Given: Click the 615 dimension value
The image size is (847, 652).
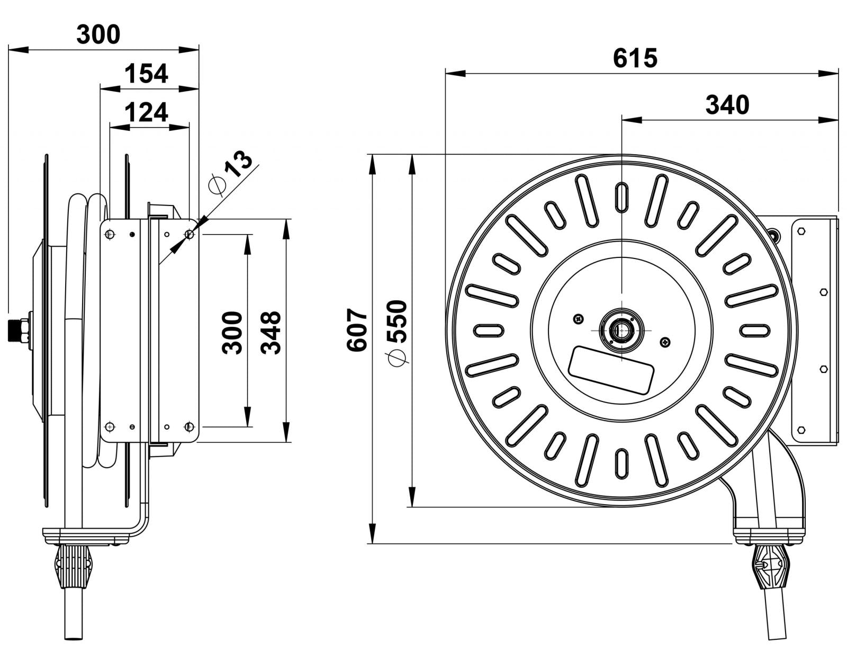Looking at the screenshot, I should pyautogui.click(x=635, y=58).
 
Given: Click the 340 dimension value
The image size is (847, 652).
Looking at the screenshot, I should pyautogui.click(x=727, y=105).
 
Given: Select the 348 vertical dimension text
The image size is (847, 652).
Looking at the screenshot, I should pyautogui.click(x=272, y=332).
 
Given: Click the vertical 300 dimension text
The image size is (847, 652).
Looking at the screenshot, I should pyautogui.click(x=232, y=332).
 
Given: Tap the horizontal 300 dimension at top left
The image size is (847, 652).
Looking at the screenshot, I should pyautogui.click(x=98, y=34).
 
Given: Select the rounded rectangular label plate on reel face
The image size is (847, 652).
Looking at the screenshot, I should pyautogui.click(x=612, y=370).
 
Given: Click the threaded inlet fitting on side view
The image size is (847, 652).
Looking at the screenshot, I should pyautogui.click(x=19, y=329).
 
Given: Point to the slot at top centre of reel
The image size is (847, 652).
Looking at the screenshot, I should pyautogui.click(x=621, y=197).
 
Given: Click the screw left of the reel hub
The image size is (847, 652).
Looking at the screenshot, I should pyautogui.click(x=578, y=319).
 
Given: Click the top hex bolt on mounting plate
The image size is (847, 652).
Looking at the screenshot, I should pyautogui.click(x=801, y=231).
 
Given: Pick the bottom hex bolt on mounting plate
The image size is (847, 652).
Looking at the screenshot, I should pyautogui.click(x=801, y=430).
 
